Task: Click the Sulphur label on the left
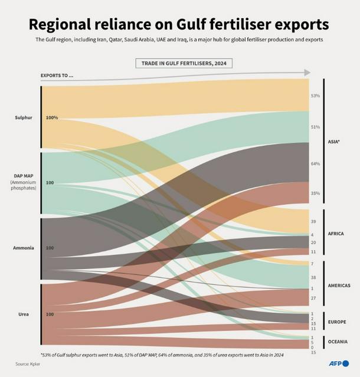click(24, 117)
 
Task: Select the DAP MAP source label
click(24, 176)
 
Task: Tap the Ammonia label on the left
click(24, 248)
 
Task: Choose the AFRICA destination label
click(336, 234)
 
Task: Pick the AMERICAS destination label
click(339, 286)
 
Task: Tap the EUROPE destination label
click(336, 322)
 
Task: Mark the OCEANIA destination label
click(338, 342)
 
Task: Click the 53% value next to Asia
click(315, 96)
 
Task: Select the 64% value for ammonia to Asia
click(315, 163)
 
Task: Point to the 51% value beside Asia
click(315, 127)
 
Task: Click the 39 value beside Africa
click(313, 221)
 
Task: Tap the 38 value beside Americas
click(313, 277)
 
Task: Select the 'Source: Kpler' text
click(28, 363)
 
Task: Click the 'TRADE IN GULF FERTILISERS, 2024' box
click(184, 63)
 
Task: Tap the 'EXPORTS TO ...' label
click(57, 76)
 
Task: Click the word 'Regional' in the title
click(66, 25)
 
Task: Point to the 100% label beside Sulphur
click(52, 117)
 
